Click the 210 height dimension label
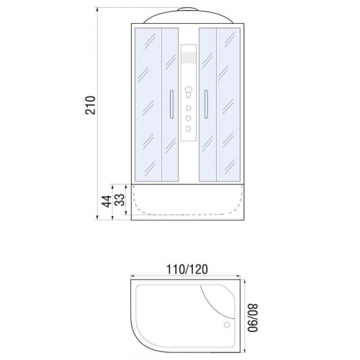(90, 105)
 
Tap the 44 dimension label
(107, 201)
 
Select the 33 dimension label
(120, 199)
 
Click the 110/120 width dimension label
(187, 269)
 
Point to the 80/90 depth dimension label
(253, 318)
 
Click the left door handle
(171, 104)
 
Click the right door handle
(206, 104)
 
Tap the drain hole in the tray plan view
(227, 325)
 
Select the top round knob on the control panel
(189, 91)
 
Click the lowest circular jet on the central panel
(189, 129)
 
